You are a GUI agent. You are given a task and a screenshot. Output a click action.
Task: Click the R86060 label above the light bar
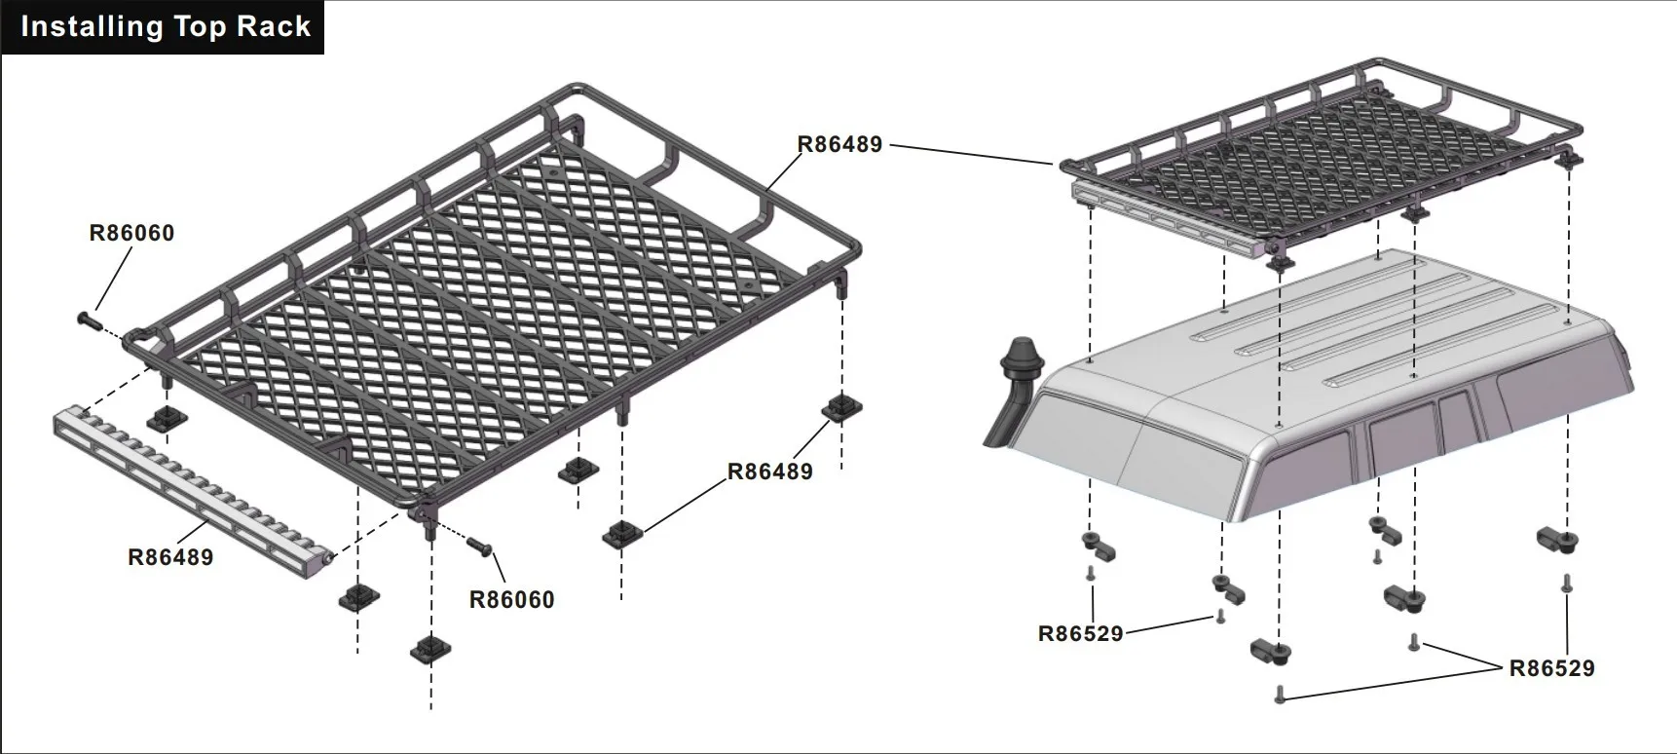pos(131,233)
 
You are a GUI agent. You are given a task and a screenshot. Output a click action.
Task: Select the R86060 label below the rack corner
pos(511,599)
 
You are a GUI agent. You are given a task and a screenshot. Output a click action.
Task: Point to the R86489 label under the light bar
pos(170,557)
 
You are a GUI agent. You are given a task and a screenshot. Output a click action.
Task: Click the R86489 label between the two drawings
pos(839,144)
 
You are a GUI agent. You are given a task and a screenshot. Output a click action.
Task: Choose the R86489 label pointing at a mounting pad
pos(769,471)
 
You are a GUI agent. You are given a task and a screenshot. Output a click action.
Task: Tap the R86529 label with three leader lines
pos(1551,668)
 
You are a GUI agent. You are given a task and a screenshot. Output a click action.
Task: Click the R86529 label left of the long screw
pos(1080,633)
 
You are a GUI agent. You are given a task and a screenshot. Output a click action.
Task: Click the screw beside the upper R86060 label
pos(90,319)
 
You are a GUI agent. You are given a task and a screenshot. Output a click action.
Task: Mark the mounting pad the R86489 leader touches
pos(621,534)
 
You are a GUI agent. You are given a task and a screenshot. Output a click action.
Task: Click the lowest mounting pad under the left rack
pos(429,648)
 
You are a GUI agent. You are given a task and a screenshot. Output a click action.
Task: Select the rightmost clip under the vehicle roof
pos(1557,539)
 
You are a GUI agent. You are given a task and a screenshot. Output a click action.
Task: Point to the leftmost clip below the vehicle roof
pos(1097,546)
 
